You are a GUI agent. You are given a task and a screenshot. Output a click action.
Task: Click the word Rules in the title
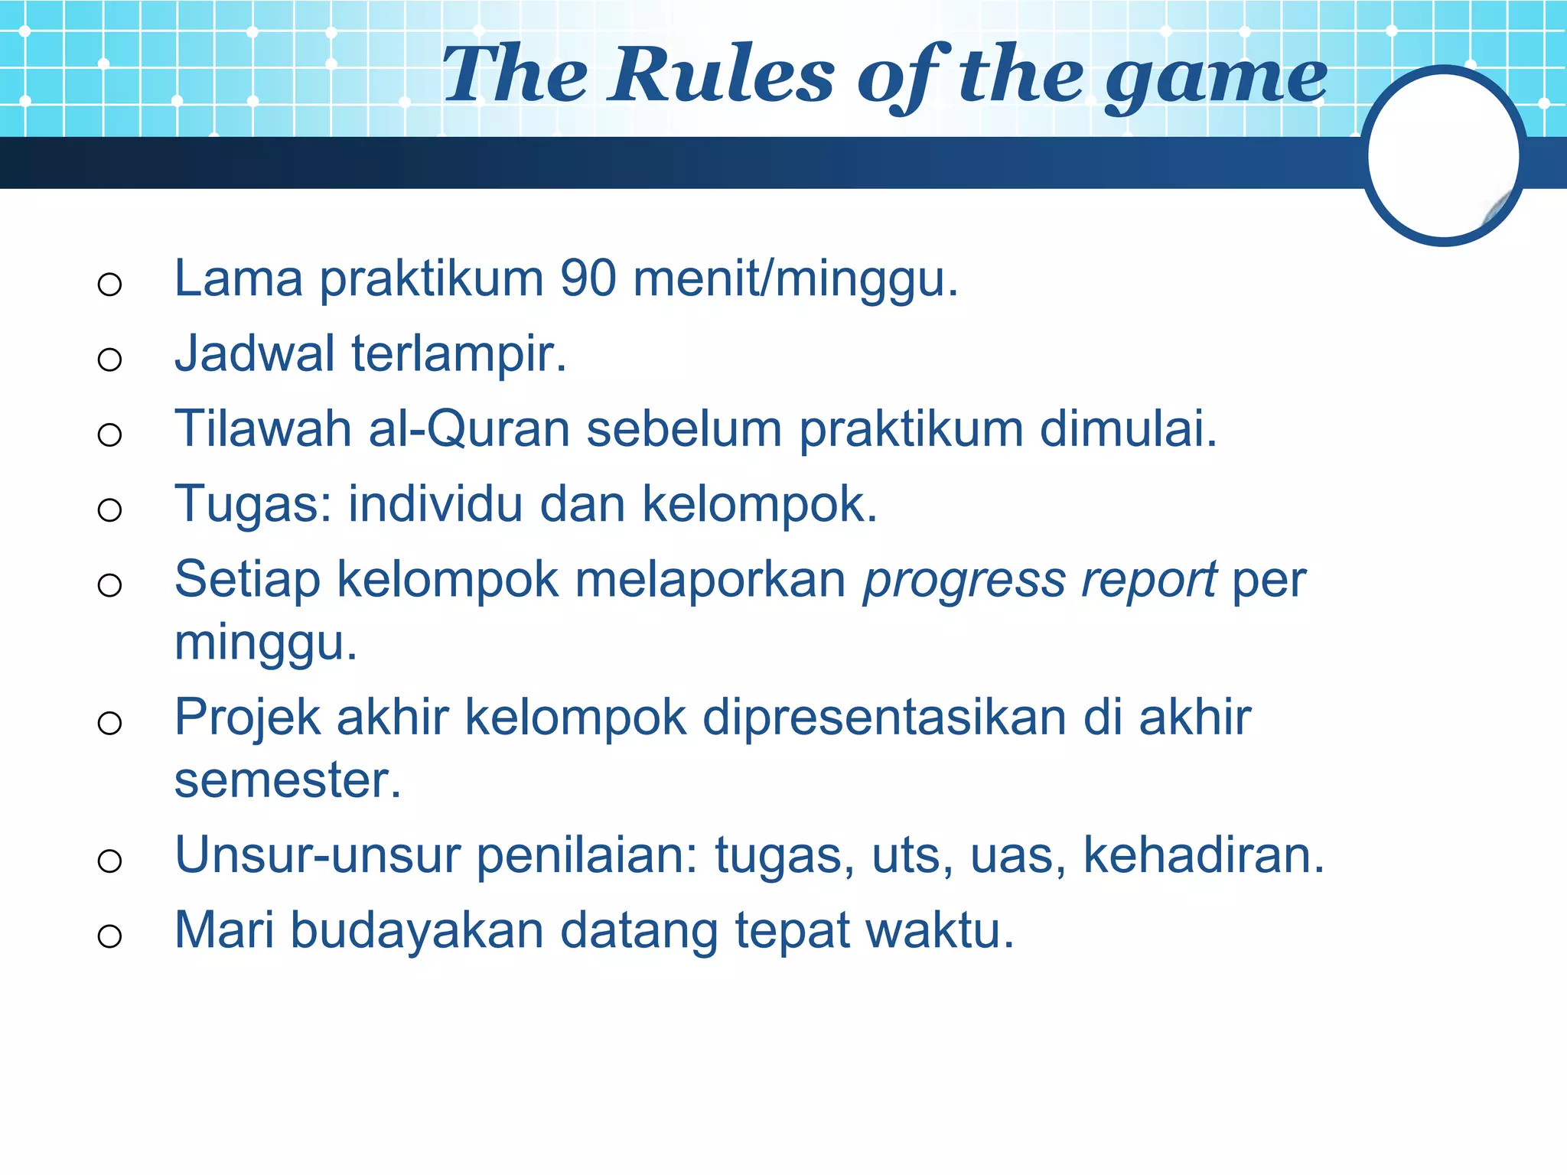(722, 75)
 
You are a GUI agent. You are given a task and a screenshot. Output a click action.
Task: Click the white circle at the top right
(1443, 156)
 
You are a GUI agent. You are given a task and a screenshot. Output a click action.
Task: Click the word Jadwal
(255, 354)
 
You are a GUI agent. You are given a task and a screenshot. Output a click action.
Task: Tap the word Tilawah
(262, 429)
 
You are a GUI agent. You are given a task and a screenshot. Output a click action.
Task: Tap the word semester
(287, 780)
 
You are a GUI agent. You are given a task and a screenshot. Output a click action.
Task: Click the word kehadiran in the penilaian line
(1204, 855)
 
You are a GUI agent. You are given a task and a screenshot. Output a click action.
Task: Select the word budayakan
(416, 931)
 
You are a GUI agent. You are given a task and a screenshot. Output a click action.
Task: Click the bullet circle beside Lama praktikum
(110, 285)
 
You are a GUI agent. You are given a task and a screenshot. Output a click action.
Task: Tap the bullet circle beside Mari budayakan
(110, 936)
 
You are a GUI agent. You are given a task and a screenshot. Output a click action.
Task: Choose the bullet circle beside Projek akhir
(110, 723)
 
